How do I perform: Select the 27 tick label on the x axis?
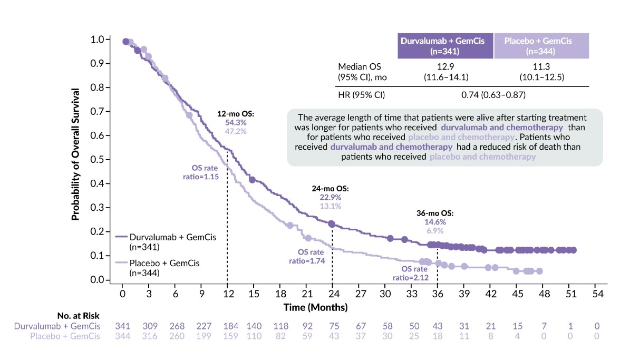[359, 293]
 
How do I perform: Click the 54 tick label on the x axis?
[596, 293]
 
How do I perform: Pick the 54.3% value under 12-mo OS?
[232, 122]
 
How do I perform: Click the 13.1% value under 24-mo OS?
[331, 206]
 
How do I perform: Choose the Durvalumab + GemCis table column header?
[445, 46]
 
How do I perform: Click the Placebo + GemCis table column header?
[541, 46]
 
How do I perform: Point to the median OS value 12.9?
[445, 67]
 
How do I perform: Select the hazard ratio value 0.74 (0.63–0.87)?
[493, 95]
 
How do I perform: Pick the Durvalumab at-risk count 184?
[227, 326]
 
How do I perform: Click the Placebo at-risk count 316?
[149, 336]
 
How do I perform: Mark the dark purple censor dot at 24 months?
[332, 224]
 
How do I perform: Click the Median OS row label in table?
[359, 67]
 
